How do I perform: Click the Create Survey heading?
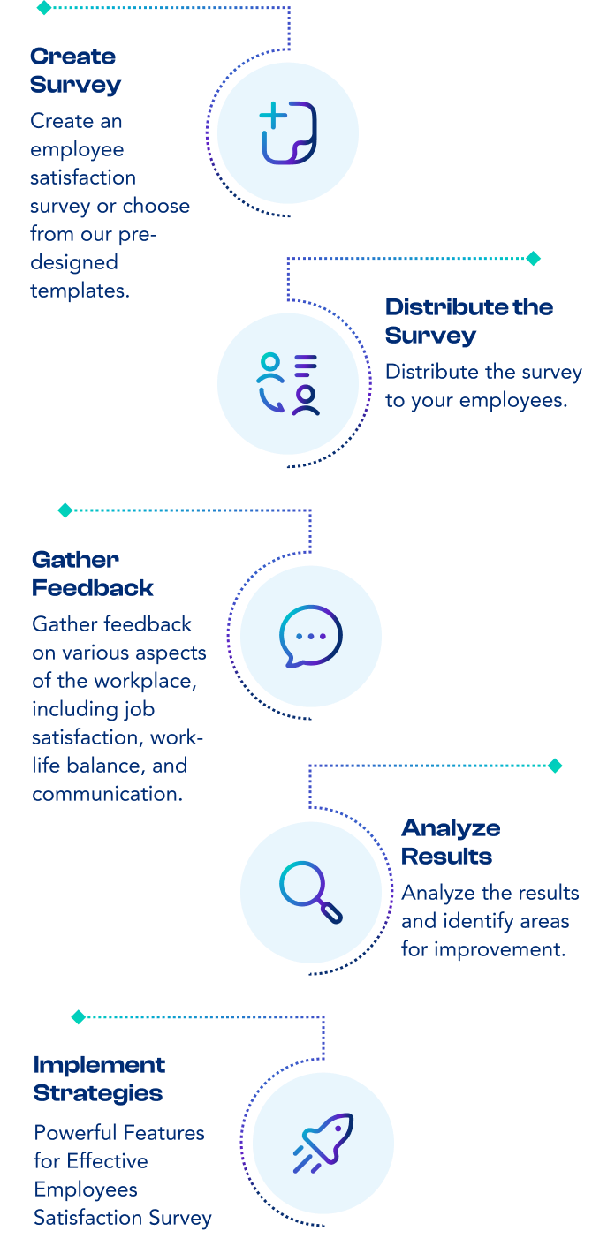[75, 71]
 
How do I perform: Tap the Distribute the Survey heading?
[468, 321]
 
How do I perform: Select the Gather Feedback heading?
[92, 574]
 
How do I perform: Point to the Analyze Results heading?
[451, 842]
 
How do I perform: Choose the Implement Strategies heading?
[99, 1079]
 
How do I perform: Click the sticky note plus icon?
[288, 133]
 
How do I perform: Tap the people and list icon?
[288, 384]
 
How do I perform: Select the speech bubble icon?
[310, 637]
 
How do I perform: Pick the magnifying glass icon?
[310, 891]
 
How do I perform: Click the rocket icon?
[323, 1144]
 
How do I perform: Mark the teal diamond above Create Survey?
[43, 8]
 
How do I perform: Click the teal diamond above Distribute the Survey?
[533, 259]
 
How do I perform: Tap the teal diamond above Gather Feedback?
[65, 510]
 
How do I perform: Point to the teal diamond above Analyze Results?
[555, 766]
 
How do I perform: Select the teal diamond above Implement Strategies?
[78, 1017]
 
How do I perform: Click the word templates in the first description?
[80, 291]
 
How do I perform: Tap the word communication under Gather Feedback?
[107, 794]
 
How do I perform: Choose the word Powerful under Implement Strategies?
[75, 1133]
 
